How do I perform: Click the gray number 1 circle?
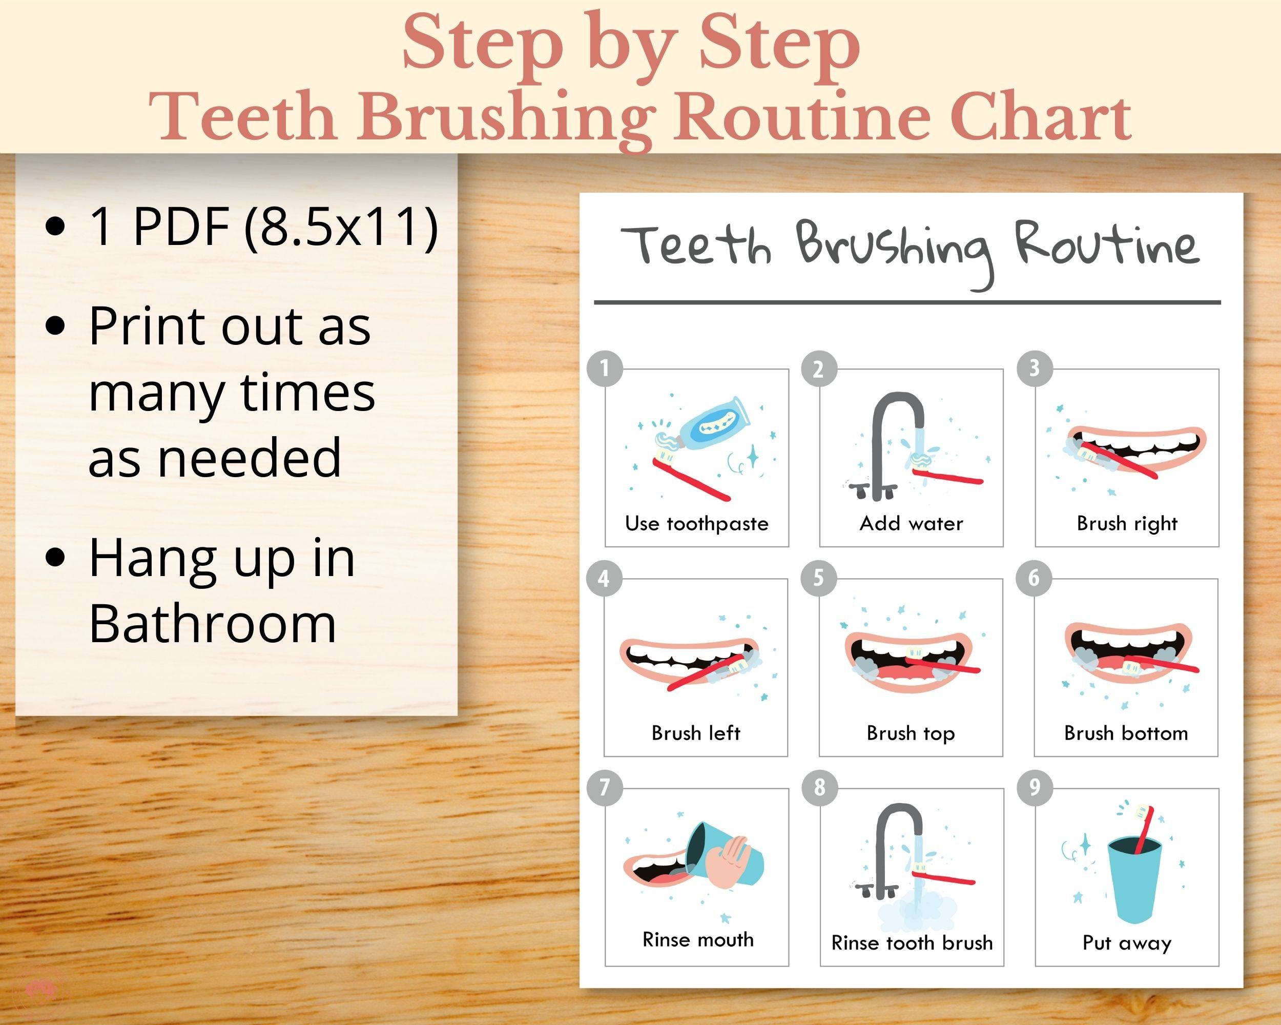pyautogui.click(x=605, y=368)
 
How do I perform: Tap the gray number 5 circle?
pyautogui.click(x=819, y=578)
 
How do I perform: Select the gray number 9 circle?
pyautogui.click(x=1035, y=787)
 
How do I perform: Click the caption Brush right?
pyautogui.click(x=1127, y=523)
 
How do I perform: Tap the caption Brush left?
pyautogui.click(x=696, y=733)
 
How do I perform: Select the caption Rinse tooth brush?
pyautogui.click(x=912, y=943)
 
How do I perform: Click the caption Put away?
pyautogui.click(x=1127, y=943)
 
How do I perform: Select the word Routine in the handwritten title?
pyautogui.click(x=1106, y=245)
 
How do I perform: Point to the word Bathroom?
pyautogui.click(x=212, y=624)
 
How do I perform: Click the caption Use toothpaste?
pyautogui.click(x=696, y=523)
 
